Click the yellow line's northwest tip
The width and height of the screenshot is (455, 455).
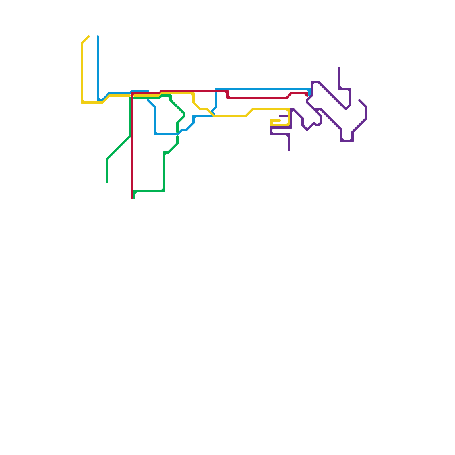(x=89, y=36)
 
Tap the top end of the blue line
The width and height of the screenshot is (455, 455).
(x=98, y=36)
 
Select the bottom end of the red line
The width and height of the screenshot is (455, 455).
(x=132, y=198)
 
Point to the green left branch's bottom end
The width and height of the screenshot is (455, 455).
(x=107, y=182)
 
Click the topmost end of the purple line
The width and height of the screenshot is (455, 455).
(x=339, y=68)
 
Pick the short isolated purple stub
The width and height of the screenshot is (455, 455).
(x=283, y=116)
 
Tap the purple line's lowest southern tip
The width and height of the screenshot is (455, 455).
(x=289, y=150)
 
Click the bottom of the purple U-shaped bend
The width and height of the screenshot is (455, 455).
(x=347, y=141)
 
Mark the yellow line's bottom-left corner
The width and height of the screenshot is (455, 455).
(x=82, y=102)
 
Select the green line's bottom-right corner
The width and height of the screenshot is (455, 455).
(x=164, y=191)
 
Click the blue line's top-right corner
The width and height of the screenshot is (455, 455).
(x=309, y=89)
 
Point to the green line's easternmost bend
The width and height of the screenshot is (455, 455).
(x=185, y=115)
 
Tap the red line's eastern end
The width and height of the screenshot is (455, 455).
(x=307, y=95)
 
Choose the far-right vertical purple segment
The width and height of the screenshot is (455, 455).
(x=366, y=113)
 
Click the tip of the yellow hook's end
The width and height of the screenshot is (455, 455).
(x=280, y=121)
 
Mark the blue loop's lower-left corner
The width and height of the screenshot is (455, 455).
(x=155, y=134)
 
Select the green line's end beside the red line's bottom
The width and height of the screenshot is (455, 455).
(x=134, y=198)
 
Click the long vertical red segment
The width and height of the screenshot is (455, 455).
(x=132, y=148)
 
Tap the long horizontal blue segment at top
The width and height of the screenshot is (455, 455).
(x=262, y=89)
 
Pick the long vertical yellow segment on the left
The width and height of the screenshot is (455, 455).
(x=82, y=71)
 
